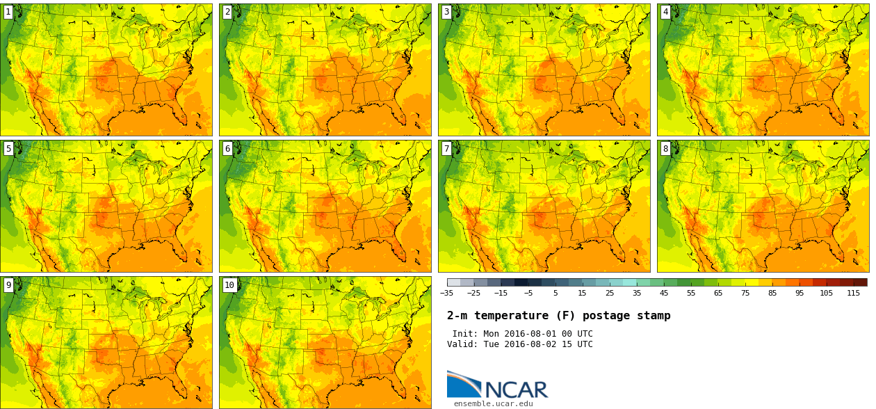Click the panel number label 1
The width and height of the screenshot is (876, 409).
pos(8,12)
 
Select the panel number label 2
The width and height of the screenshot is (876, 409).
pos(227,12)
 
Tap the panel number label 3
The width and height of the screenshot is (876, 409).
pos(446,12)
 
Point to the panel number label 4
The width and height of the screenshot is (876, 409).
pos(665,12)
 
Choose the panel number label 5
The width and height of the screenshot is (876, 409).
pos(8,148)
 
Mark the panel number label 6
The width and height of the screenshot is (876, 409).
pos(227,148)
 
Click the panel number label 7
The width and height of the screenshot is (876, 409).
pos(446,148)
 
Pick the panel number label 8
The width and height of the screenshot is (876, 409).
pos(665,148)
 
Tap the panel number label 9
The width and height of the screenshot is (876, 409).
pos(8,284)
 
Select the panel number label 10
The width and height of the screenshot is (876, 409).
pos(229,284)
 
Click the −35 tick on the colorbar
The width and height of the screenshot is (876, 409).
pos(447,293)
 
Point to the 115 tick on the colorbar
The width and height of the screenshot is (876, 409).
pos(853,293)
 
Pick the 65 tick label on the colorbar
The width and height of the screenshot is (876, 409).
pos(718,293)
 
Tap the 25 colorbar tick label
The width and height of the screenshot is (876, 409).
pos(610,293)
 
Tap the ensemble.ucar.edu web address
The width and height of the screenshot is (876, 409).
pos(493,403)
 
